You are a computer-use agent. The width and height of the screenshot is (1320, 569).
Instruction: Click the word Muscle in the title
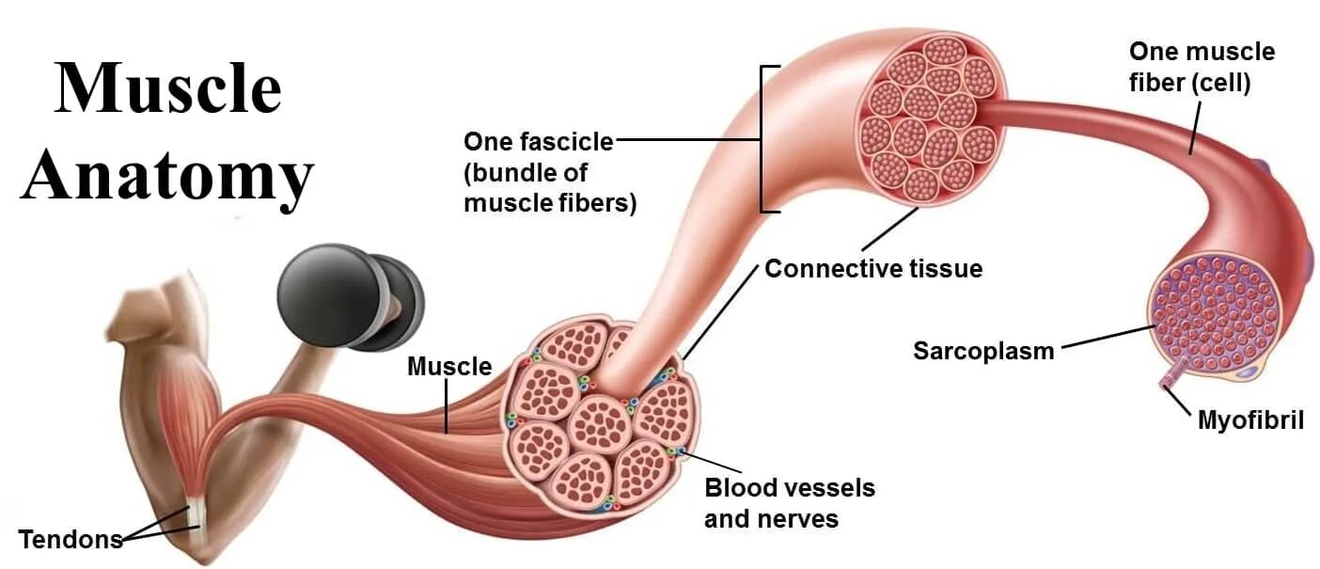(x=168, y=89)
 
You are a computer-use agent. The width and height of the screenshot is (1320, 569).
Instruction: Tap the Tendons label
(x=71, y=540)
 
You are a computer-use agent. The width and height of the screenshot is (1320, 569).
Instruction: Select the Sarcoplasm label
(x=983, y=351)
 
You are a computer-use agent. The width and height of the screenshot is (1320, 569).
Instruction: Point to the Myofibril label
(x=1250, y=419)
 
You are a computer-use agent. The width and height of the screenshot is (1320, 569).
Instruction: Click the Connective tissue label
(x=873, y=269)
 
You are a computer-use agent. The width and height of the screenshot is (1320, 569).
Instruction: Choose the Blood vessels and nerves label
(x=790, y=503)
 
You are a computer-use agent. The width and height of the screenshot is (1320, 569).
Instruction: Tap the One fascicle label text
(x=549, y=172)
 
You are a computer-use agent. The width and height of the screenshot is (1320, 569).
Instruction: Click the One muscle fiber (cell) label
(x=1202, y=67)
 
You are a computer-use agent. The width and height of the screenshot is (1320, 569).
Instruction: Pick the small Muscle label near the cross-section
(x=448, y=366)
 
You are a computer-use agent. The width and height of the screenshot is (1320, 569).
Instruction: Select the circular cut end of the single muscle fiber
(x=1217, y=310)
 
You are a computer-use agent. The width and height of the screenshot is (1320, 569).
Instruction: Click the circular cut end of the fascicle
(x=928, y=118)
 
